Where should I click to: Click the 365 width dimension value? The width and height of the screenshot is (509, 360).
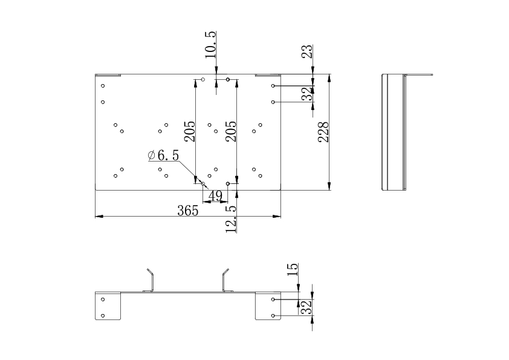[x=187, y=211]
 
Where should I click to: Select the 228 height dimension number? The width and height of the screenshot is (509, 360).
[x=323, y=132]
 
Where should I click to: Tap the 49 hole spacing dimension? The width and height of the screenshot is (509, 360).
[x=215, y=196]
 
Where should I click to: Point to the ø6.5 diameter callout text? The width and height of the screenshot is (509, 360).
[x=163, y=155]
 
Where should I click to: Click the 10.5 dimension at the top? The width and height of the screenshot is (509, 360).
[x=210, y=45]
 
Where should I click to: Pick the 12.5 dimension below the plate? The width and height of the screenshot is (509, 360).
[x=231, y=219]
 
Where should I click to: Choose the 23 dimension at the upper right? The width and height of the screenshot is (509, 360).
[x=307, y=51]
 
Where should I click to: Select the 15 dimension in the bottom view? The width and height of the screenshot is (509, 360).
[x=293, y=269]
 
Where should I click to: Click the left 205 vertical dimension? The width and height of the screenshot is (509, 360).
[x=190, y=131]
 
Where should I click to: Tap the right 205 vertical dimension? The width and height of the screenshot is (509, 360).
[x=231, y=131]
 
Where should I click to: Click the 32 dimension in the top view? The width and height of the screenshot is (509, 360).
[x=306, y=94]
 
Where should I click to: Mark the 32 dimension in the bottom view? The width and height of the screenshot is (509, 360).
[x=306, y=307]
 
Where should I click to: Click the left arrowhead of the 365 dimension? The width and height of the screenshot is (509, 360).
[x=99, y=216]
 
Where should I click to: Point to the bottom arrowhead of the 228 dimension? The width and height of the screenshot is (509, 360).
[x=329, y=186]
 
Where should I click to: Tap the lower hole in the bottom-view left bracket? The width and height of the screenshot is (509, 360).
[x=103, y=315]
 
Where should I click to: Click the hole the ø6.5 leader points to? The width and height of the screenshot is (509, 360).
[x=203, y=184]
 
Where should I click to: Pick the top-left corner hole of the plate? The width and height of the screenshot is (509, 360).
[x=103, y=86]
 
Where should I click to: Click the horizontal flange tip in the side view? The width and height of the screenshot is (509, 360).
[x=432, y=75]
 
